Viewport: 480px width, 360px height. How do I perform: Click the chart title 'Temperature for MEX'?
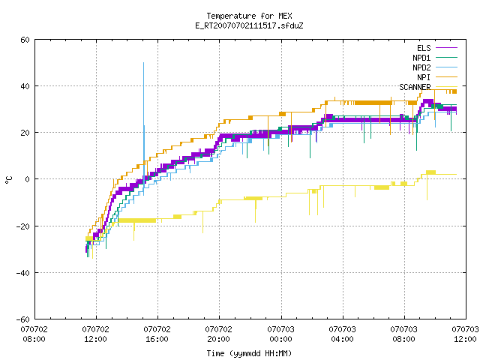pyautogui.click(x=249, y=16)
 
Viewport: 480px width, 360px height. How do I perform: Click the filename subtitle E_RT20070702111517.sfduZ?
pyautogui.click(x=249, y=25)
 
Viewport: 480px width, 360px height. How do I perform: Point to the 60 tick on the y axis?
pyautogui.click(x=25, y=40)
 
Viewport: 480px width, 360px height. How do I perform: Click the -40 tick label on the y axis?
pyautogui.click(x=23, y=273)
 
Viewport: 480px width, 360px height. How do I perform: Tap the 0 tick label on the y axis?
pyautogui.click(x=27, y=179)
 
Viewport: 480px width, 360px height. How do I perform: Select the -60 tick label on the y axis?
pyautogui.click(x=23, y=319)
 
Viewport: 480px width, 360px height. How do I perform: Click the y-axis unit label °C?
pyautogui.click(x=9, y=180)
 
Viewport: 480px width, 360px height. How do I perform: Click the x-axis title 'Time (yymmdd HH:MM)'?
pyautogui.click(x=249, y=353)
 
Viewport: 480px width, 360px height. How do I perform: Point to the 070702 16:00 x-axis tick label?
pyautogui.click(x=157, y=334)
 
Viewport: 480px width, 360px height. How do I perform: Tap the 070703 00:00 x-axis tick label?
pyautogui.click(x=280, y=334)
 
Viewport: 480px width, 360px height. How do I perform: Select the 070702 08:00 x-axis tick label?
pyautogui.click(x=34, y=334)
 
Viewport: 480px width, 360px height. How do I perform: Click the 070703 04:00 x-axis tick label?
pyautogui.click(x=342, y=334)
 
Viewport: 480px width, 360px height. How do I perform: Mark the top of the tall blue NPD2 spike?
pyautogui.click(x=143, y=63)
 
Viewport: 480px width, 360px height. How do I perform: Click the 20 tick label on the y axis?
pyautogui.click(x=25, y=133)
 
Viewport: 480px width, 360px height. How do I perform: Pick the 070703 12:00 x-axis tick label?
pyautogui.click(x=465, y=334)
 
